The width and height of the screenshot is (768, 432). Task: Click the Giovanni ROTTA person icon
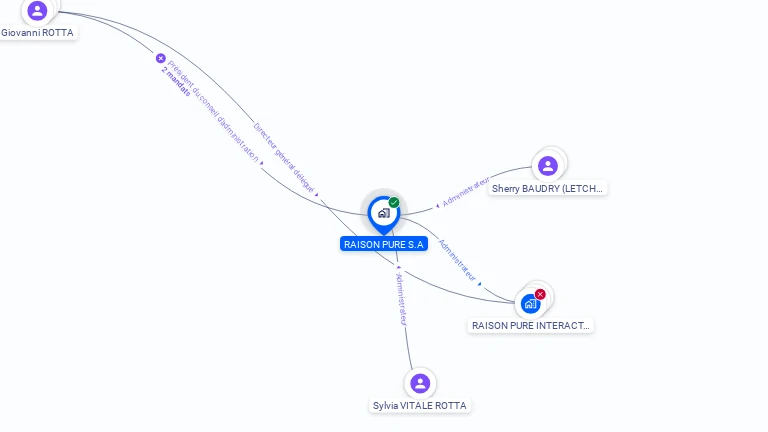click(37, 10)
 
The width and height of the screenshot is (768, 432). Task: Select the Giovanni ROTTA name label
click(37, 33)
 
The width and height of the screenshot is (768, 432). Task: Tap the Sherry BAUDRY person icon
click(547, 166)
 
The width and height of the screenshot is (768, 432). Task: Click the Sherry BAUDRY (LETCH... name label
click(548, 188)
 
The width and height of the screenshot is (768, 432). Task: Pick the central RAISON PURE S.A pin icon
click(383, 213)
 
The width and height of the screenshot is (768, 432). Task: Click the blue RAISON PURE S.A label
click(384, 244)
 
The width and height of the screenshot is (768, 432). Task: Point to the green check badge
click(394, 203)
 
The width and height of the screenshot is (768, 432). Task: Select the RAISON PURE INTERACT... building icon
click(530, 303)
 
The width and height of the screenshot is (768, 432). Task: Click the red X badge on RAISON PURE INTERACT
click(540, 294)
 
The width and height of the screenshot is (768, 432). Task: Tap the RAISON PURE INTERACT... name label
click(531, 325)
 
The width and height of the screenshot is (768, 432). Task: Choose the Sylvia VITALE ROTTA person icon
click(420, 383)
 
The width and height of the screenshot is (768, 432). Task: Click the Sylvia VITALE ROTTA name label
click(419, 406)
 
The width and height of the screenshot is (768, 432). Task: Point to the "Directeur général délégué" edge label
click(284, 158)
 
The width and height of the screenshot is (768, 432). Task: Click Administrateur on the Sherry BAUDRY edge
click(466, 193)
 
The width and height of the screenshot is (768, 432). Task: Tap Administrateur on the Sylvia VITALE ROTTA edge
click(402, 298)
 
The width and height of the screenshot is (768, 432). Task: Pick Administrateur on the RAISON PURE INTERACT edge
click(457, 260)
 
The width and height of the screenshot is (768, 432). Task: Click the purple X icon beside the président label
click(160, 58)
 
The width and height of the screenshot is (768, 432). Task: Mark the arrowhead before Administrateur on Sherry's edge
click(437, 205)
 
